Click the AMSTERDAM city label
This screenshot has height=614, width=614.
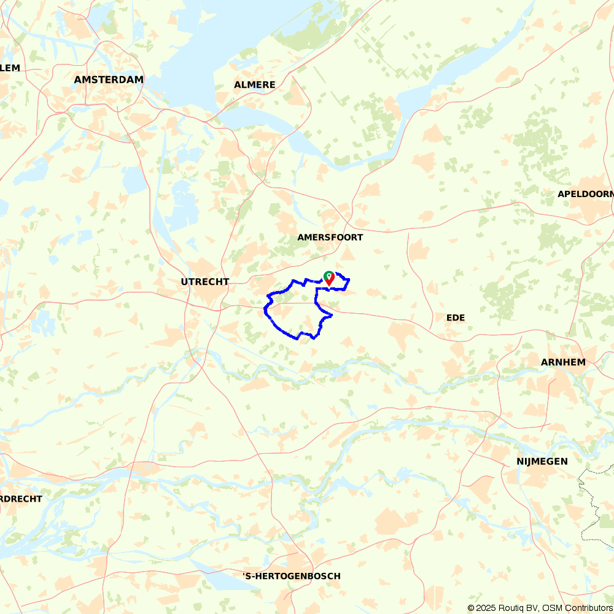click(x=109, y=80)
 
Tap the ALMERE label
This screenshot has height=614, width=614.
click(x=255, y=85)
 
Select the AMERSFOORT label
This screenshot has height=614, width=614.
click(x=330, y=237)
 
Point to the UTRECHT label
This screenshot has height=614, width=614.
click(x=205, y=282)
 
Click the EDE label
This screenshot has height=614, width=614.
click(x=456, y=317)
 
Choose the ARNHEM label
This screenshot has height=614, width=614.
click(x=563, y=362)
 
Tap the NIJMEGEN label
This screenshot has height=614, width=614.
click(x=542, y=461)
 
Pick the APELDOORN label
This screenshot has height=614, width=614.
click(x=585, y=194)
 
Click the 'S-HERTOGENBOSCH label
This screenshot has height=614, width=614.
click(x=292, y=576)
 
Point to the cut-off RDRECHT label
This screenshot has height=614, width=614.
click(x=21, y=499)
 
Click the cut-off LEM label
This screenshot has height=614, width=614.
click(x=10, y=68)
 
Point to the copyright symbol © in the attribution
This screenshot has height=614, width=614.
click(x=471, y=608)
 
